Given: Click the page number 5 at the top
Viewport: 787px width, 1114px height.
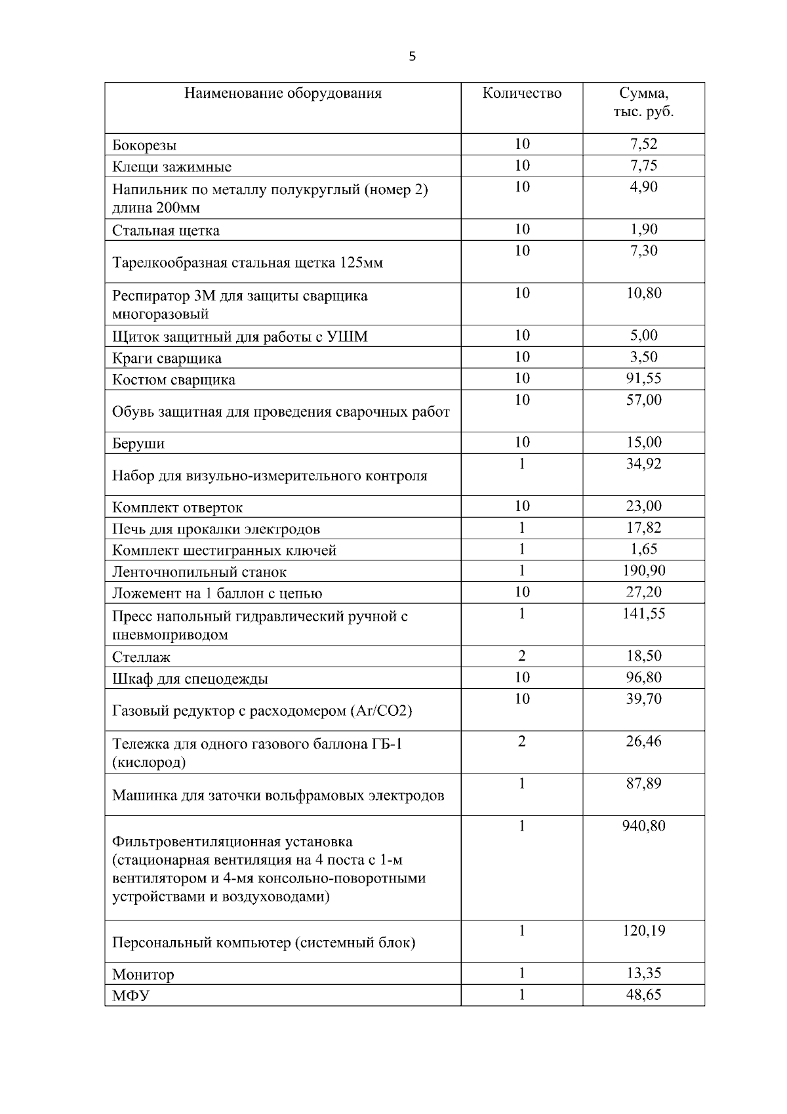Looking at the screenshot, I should (412, 56).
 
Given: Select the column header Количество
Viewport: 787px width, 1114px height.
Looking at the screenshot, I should (521, 93).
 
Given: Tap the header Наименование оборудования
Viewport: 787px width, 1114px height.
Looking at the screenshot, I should (283, 93).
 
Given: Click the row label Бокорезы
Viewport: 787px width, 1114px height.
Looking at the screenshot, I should (144, 145).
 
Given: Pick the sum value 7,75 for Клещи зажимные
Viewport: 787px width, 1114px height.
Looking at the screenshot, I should (643, 165).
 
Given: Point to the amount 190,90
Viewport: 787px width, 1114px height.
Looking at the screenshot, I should (643, 571).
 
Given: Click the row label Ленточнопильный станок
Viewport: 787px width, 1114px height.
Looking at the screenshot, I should (199, 572).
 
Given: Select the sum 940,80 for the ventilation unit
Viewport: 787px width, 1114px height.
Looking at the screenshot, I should (643, 826).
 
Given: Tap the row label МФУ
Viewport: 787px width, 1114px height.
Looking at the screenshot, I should (131, 996).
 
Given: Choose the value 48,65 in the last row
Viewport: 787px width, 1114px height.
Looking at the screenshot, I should (643, 995).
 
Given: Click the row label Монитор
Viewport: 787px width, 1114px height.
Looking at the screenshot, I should (143, 974).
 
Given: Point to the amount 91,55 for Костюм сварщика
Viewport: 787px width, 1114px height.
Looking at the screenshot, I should (643, 379).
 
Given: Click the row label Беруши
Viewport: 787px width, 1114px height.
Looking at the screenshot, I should (138, 444).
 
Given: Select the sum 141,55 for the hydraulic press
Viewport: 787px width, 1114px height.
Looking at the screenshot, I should (643, 614).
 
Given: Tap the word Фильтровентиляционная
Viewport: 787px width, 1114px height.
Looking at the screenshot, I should (232, 842).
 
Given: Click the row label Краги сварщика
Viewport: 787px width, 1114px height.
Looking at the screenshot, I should (167, 358).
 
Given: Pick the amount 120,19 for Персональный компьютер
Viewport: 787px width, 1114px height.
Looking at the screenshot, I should (643, 931).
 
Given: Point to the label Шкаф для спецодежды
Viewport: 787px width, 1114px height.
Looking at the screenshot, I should (190, 678).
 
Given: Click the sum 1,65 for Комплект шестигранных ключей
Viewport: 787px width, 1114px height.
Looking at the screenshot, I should (643, 549).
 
